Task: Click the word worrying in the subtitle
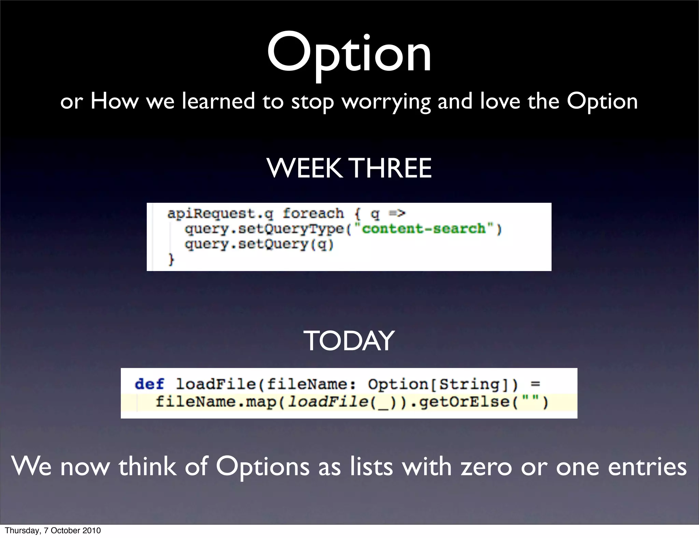click(x=386, y=102)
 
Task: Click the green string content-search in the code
click(x=423, y=228)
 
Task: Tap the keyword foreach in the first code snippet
click(x=313, y=214)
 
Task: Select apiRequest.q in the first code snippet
click(x=220, y=214)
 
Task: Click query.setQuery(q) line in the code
click(x=259, y=244)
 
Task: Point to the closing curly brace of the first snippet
click(x=171, y=259)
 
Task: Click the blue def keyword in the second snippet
click(x=149, y=384)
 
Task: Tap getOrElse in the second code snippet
click(x=464, y=402)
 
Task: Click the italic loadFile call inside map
click(x=328, y=402)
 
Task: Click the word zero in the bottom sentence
click(x=487, y=467)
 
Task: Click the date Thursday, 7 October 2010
click(x=53, y=530)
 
